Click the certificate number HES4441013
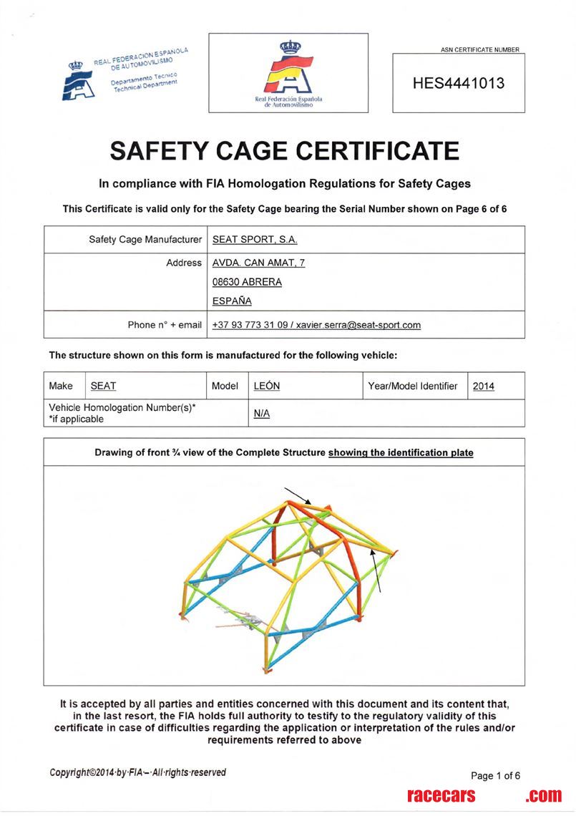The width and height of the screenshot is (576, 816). (x=459, y=83)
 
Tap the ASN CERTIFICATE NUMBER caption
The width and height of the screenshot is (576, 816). (x=480, y=49)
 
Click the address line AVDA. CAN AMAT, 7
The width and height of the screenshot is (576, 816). (x=259, y=263)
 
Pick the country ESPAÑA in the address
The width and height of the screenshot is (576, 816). (x=232, y=301)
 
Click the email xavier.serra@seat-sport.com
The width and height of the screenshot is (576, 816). (x=358, y=325)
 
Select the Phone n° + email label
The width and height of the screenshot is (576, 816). (x=165, y=325)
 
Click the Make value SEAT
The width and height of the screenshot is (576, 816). (x=103, y=386)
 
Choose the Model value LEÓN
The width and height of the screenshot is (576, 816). (x=267, y=386)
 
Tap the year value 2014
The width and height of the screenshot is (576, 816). (x=484, y=386)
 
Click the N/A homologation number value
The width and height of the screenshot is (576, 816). (x=262, y=414)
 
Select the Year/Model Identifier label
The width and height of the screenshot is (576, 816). (x=412, y=386)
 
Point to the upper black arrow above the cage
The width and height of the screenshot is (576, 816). (x=297, y=495)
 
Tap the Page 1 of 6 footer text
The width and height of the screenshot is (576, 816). (x=495, y=775)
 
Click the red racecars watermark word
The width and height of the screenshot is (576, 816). (x=441, y=795)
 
